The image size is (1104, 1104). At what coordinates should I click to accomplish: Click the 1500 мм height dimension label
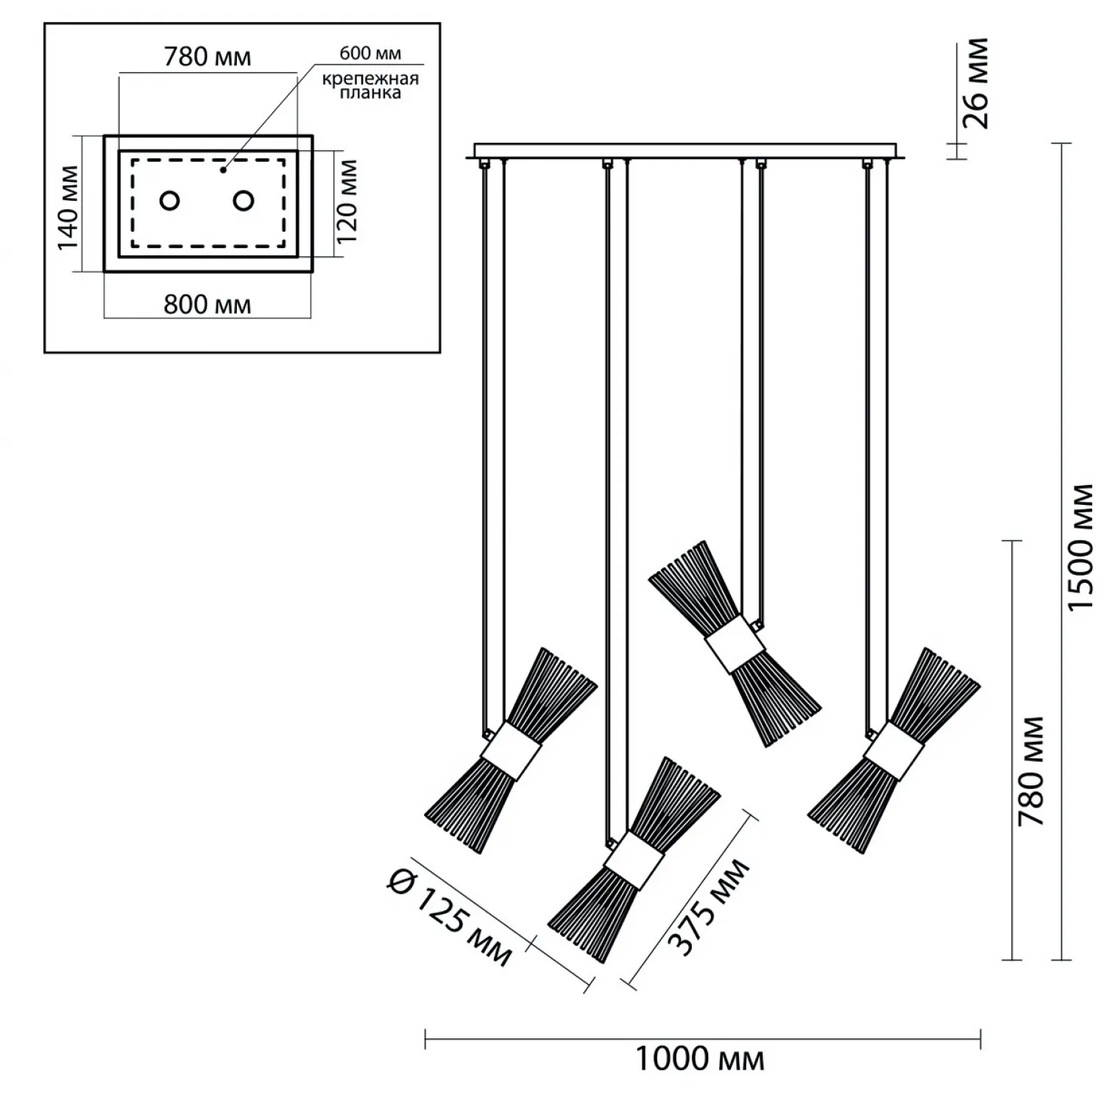coord(1081,547)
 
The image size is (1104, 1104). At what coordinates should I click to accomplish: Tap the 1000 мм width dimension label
coord(699,1060)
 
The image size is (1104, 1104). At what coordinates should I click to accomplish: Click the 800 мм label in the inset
coord(207,304)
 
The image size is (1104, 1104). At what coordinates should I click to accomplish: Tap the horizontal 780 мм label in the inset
coord(207,57)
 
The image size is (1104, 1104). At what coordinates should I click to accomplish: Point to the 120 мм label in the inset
coord(347,202)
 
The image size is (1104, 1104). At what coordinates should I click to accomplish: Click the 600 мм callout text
coord(370,53)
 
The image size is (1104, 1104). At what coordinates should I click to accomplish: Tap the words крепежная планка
coord(370,86)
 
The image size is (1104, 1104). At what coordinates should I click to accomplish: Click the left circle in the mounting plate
coord(170,200)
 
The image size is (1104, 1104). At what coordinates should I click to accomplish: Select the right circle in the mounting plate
coord(244,200)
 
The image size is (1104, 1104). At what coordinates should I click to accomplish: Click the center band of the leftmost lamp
coord(511,751)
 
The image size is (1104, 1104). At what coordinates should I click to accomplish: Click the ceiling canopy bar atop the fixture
coord(690,151)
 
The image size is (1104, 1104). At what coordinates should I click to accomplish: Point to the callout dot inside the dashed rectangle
coord(223,171)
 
